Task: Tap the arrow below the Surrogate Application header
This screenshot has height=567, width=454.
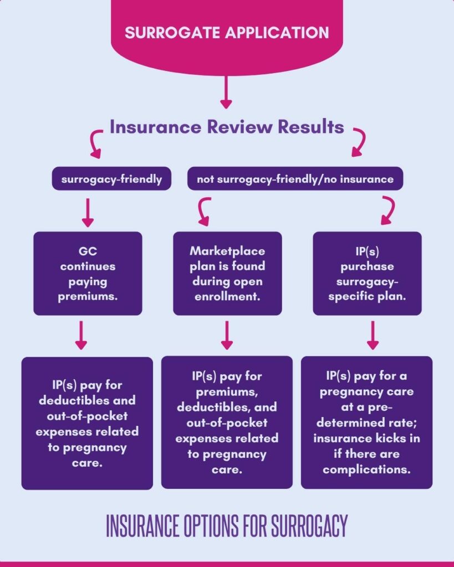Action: coord(225,92)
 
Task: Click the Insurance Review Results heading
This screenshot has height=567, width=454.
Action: coord(227,127)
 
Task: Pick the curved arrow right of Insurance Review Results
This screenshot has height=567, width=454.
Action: coord(358,142)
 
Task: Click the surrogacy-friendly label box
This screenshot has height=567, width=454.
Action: coord(111,179)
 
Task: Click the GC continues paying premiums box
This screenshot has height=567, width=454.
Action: coord(88,274)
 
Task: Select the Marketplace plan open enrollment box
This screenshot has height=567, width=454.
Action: coord(227,274)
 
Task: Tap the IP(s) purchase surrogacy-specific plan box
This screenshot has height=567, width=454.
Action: coord(367,274)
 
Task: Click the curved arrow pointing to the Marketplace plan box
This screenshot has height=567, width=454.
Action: coord(204,212)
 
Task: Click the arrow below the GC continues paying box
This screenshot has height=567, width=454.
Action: coord(81,336)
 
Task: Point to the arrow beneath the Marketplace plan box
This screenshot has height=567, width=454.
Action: coord(227,336)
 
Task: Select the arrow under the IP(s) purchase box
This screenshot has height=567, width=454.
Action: coord(373,336)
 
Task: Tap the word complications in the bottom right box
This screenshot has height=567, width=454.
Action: coord(366,470)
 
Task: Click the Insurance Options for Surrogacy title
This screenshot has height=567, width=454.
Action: coord(227,525)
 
